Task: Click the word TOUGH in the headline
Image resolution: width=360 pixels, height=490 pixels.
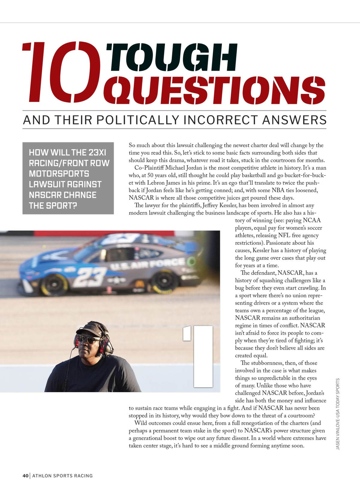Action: tap(172, 57)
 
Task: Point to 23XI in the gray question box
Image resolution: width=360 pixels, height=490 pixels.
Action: tap(97, 153)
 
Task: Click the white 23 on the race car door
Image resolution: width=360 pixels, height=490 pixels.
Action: tap(89, 277)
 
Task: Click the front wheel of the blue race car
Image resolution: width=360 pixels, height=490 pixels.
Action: tap(53, 286)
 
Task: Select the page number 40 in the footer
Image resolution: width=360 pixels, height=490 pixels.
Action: tap(26, 476)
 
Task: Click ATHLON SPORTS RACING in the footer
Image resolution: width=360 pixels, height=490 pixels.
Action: tap(62, 476)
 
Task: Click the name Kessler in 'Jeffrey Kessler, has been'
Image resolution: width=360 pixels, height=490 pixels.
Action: tap(228, 205)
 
